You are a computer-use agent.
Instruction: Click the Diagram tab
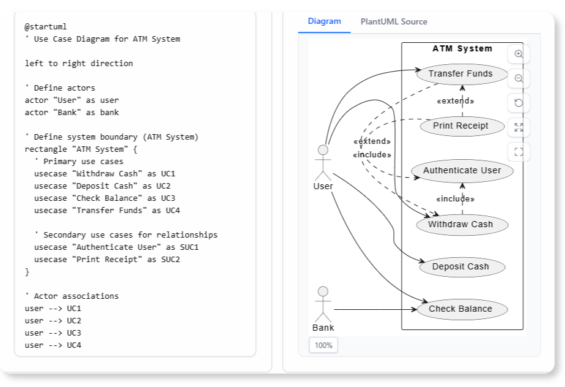[x=324, y=21]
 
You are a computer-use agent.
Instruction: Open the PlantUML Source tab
[x=393, y=21]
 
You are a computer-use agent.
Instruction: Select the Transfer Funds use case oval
[x=460, y=74]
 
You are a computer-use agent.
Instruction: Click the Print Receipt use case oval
[x=460, y=126]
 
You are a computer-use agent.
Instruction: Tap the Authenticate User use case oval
[x=462, y=171]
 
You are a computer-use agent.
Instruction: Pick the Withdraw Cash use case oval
[x=460, y=224]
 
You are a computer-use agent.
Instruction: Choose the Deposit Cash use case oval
[x=460, y=266]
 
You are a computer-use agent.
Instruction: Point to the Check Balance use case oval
[x=460, y=309]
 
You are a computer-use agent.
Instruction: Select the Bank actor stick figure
[x=323, y=304]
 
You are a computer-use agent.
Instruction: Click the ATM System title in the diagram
[x=462, y=49]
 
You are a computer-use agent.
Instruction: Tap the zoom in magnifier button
[x=519, y=54]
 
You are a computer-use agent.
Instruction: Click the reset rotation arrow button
[x=519, y=103]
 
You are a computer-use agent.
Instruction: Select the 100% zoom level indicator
[x=323, y=345]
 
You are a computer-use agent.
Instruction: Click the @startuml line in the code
[x=46, y=27]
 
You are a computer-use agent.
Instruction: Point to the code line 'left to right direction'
[x=78, y=64]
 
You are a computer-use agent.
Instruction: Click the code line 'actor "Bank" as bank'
[x=72, y=113]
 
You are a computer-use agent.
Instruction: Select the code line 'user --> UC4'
[x=53, y=345]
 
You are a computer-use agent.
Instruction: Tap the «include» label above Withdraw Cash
[x=455, y=199]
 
